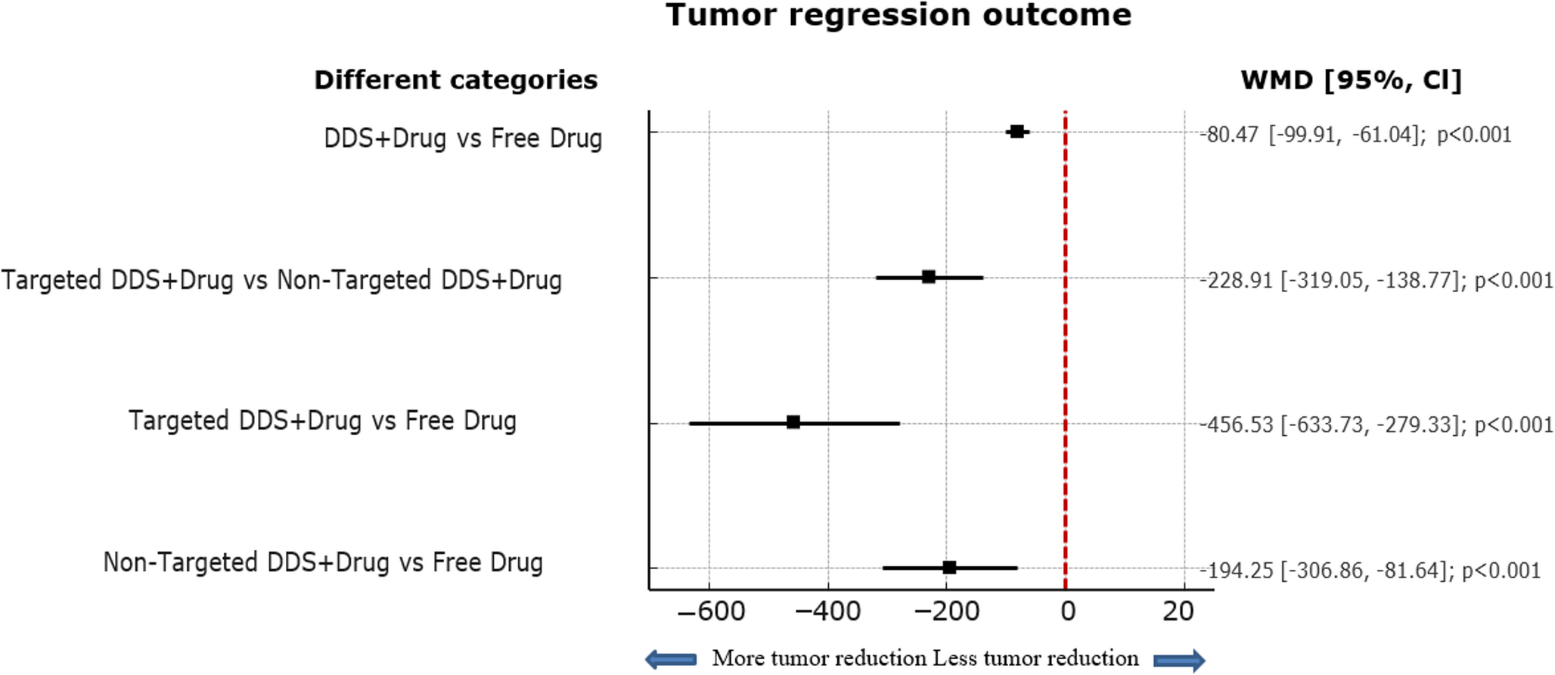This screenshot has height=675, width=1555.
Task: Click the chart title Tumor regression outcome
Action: [x=899, y=15]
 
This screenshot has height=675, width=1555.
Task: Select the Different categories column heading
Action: [x=455, y=80]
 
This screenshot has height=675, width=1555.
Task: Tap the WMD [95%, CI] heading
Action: [x=1351, y=80]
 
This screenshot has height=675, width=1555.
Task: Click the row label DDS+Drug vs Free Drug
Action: [x=463, y=138]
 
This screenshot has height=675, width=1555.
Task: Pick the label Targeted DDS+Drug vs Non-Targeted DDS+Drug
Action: [x=281, y=280]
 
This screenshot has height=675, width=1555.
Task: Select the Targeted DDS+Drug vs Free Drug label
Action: [x=322, y=421]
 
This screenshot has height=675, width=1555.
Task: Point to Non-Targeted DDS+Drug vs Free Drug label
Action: [x=323, y=562]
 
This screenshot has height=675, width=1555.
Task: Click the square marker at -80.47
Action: [x=1017, y=132]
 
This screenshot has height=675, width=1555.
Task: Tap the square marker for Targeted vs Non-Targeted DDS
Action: [x=929, y=277]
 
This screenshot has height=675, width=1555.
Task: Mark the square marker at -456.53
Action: [x=793, y=422]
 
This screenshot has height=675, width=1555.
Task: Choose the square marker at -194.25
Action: [x=950, y=568]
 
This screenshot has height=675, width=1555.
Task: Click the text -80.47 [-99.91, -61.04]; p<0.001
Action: [x=1355, y=135]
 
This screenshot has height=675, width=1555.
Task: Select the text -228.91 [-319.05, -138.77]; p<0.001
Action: [x=1377, y=281]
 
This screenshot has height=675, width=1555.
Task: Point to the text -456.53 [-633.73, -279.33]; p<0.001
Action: [x=1377, y=425]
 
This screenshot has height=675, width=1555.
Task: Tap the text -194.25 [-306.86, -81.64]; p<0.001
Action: [x=1370, y=570]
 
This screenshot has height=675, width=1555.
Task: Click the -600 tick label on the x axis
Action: [x=711, y=611]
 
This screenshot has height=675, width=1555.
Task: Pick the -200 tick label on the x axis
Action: [x=947, y=611]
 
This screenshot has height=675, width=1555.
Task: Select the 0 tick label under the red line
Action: [x=1067, y=611]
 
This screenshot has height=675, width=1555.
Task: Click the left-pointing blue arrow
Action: [x=672, y=659]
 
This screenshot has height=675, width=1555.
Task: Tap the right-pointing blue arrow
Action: [x=1179, y=660]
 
